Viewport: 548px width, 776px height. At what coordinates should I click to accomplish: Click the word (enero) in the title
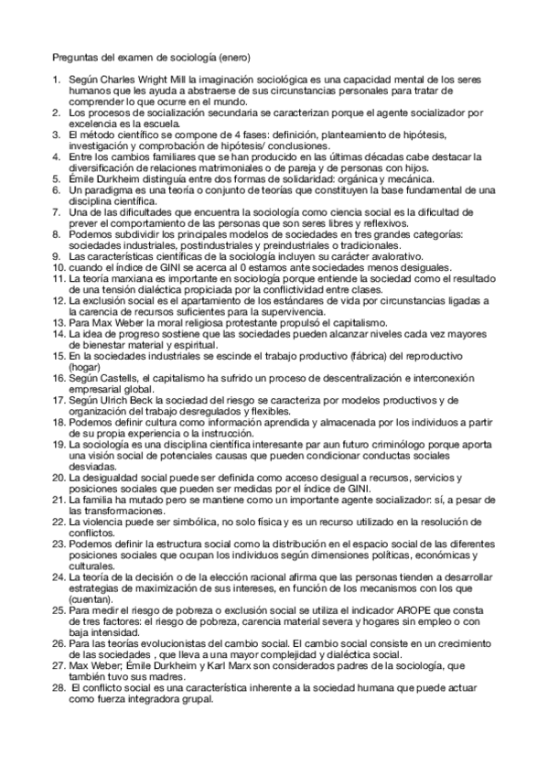(x=244, y=57)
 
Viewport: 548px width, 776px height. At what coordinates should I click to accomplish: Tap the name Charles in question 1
(x=121, y=81)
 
